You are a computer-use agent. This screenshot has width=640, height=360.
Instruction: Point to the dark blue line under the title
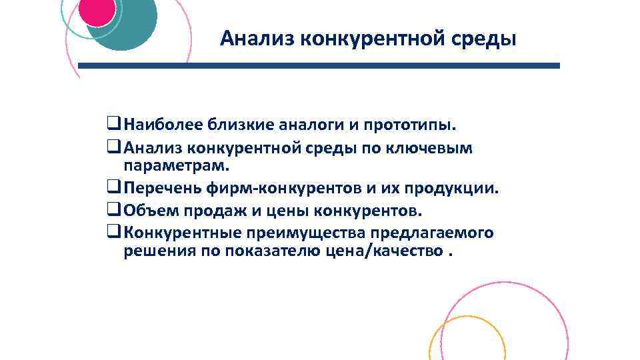point(319,66)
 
